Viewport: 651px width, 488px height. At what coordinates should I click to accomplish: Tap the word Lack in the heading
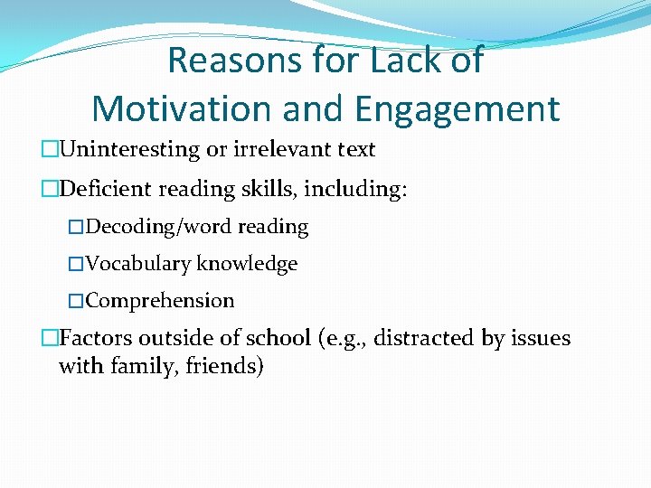pos(415,61)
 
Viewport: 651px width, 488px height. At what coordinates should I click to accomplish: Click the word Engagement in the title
pos(458,108)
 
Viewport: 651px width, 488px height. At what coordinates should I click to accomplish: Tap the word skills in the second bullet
pos(270,189)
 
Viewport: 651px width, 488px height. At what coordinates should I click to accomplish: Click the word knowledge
pos(247,264)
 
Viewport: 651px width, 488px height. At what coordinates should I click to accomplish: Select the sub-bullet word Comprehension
pos(160,301)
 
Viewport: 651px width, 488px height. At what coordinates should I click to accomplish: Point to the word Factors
pos(95,338)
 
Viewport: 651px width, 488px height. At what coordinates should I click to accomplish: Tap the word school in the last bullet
pos(269,338)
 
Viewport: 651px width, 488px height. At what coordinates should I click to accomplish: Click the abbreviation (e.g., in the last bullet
pos(342,339)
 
